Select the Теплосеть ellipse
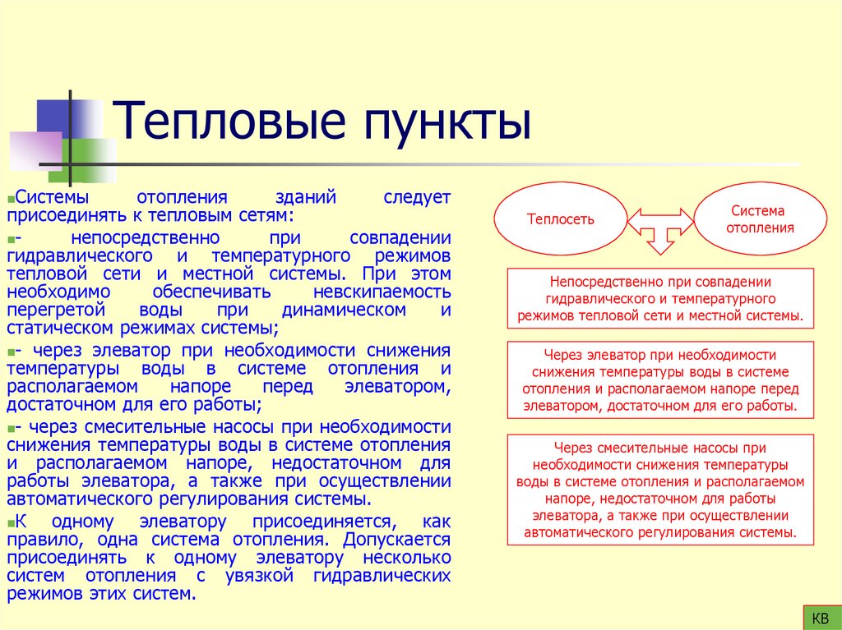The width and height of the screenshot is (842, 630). (560, 219)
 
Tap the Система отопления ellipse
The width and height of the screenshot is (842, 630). (761, 218)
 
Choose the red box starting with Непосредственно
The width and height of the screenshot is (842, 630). (660, 298)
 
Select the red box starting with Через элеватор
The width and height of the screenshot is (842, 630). (660, 379)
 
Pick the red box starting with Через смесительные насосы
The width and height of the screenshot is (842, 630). (660, 490)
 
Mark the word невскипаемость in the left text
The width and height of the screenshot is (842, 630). (382, 292)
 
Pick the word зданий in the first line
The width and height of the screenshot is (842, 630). (306, 198)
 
